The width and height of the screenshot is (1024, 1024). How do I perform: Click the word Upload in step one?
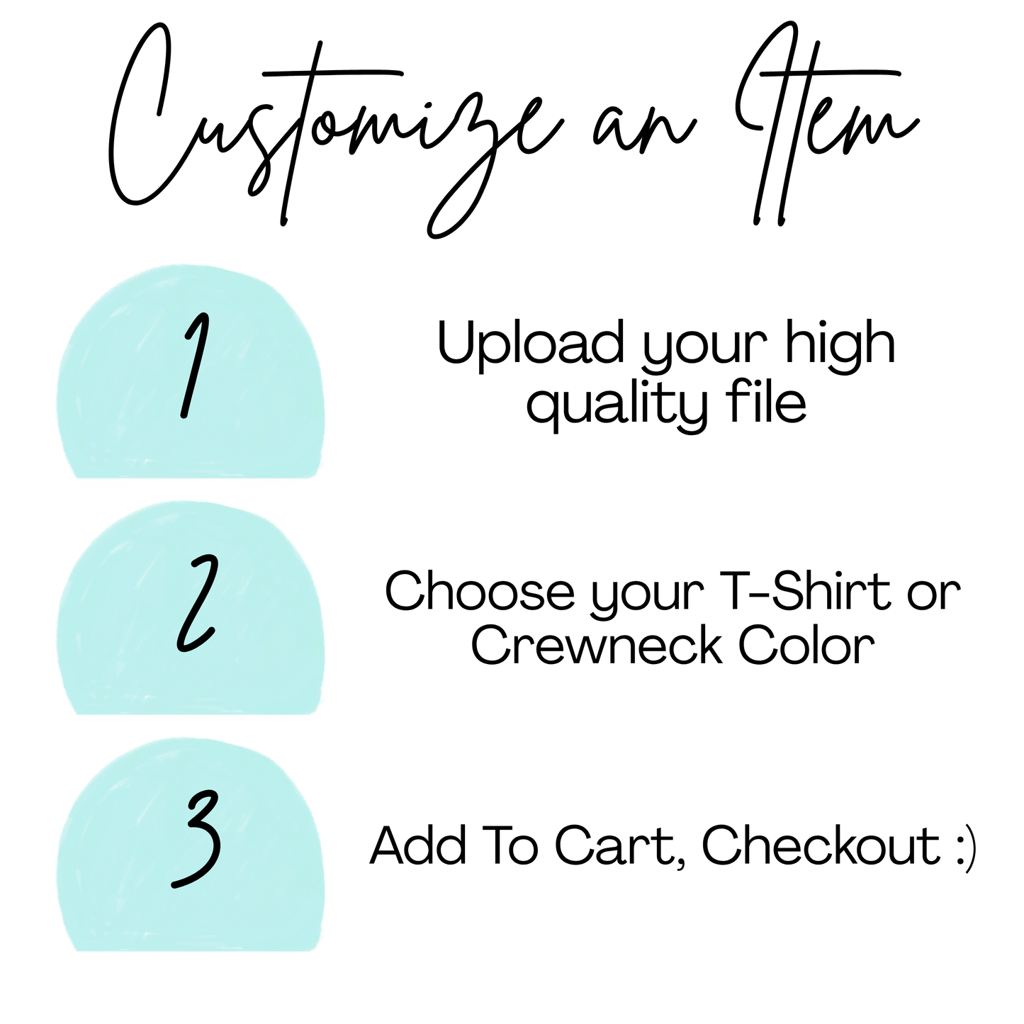click(x=531, y=345)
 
